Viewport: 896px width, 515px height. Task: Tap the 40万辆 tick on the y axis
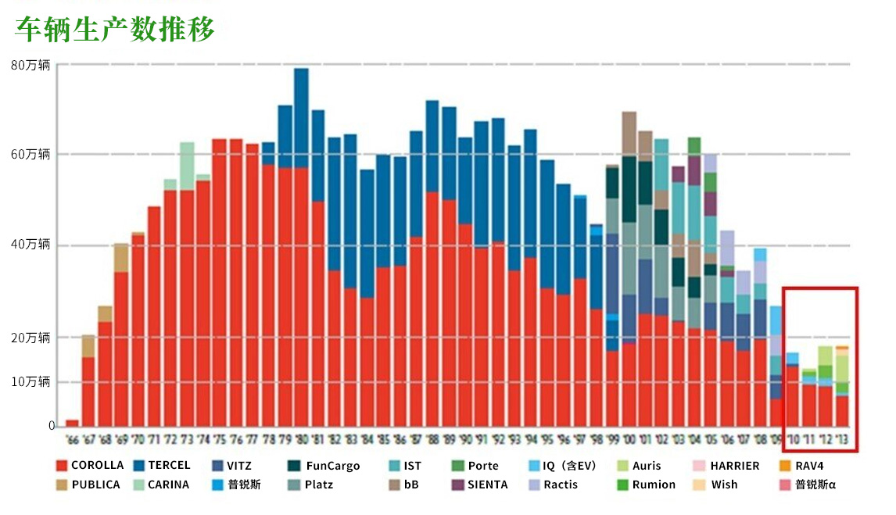[30, 245]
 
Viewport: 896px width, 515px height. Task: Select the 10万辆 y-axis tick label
[30, 381]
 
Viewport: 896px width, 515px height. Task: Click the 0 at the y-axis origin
[52, 426]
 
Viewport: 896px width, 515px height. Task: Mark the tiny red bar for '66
[72, 423]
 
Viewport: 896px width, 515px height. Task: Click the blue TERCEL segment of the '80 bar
[301, 117]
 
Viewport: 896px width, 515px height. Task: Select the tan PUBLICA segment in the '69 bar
[121, 257]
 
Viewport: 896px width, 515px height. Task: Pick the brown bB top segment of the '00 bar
[629, 133]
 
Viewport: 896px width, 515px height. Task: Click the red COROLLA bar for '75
[220, 282]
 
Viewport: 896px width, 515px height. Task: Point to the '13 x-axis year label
[841, 440]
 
